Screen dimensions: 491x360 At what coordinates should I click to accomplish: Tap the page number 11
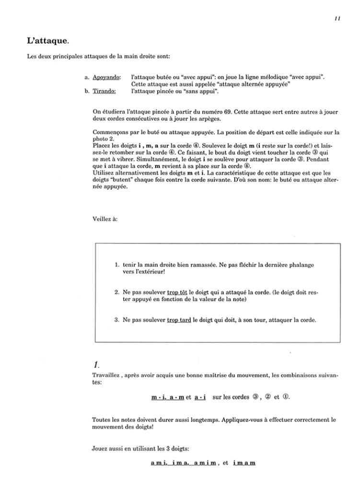tap(337, 18)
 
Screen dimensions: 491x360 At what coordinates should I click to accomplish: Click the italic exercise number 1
tap(96, 365)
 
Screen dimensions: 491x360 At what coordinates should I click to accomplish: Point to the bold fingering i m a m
tap(244, 463)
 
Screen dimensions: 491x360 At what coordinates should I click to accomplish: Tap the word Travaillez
tap(105, 376)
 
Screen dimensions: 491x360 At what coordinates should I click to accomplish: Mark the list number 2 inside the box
tap(117, 292)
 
